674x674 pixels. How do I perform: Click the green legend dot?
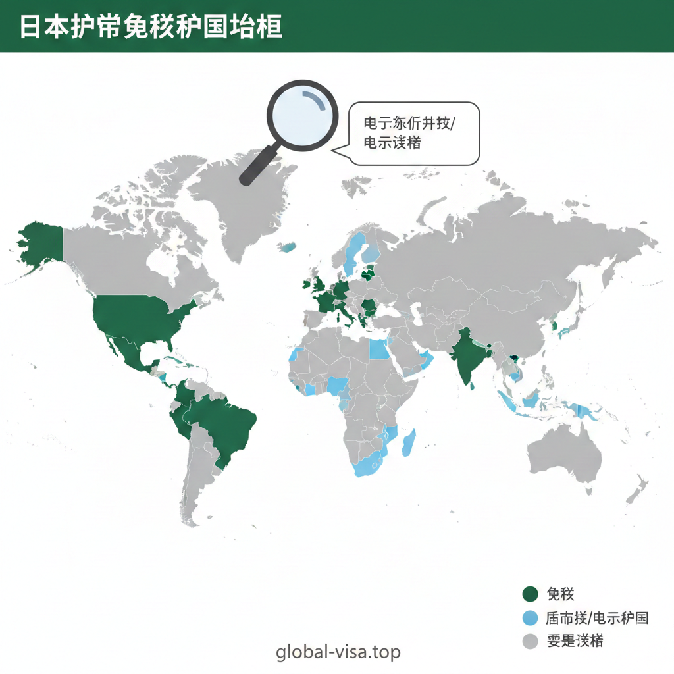click(530, 594)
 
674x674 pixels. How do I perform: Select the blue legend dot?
click(530, 618)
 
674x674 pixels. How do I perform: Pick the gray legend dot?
click(530, 641)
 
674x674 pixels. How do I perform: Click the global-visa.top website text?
click(338, 652)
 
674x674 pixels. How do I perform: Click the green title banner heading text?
click(151, 26)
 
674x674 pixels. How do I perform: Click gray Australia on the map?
click(566, 454)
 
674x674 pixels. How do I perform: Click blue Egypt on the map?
click(378, 349)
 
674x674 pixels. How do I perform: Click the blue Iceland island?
click(288, 247)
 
